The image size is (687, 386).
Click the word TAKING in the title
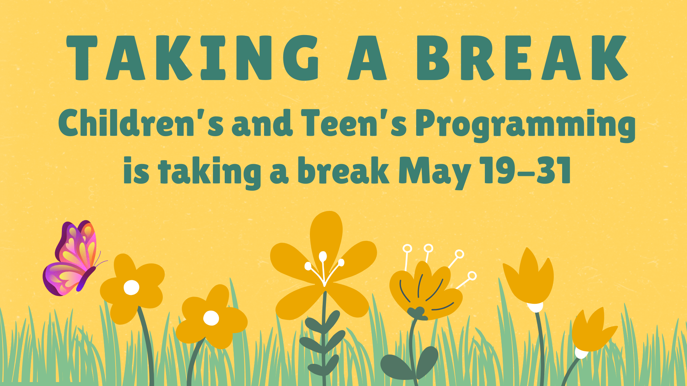pyautogui.click(x=193, y=58)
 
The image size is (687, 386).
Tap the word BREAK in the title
pyautogui.click(x=522, y=58)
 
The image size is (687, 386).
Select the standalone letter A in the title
pyautogui.click(x=367, y=58)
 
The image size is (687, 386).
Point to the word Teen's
pyautogui.click(x=354, y=123)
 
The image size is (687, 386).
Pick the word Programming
pyautogui.click(x=525, y=125)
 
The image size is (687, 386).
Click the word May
pyautogui.click(x=435, y=173)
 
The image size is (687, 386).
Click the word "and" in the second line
pyautogui.click(x=262, y=123)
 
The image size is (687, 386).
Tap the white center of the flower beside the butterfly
pyautogui.click(x=131, y=287)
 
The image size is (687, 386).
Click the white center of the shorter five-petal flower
pyautogui.click(x=211, y=318)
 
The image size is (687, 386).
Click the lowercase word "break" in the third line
pyautogui.click(x=343, y=170)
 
